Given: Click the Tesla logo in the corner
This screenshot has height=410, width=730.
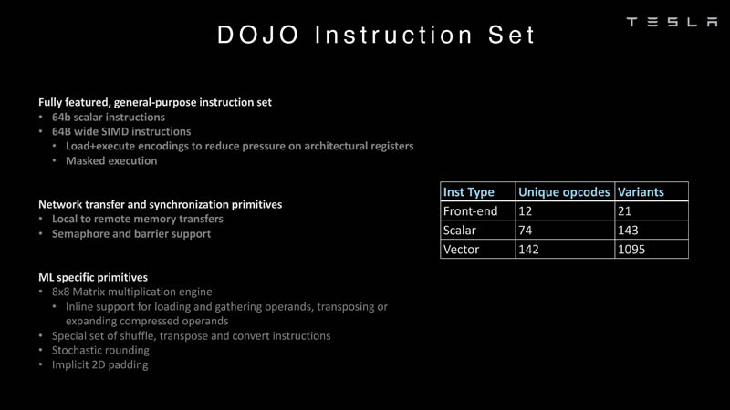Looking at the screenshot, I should (x=672, y=22).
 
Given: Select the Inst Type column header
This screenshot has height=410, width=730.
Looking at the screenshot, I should (x=468, y=192).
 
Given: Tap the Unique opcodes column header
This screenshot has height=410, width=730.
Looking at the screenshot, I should (x=563, y=192).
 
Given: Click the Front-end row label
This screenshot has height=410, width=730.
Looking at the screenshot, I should (x=470, y=211).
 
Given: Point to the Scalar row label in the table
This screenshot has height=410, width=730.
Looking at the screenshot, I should (x=460, y=231).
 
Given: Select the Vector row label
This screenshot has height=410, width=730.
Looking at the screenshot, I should (x=461, y=250).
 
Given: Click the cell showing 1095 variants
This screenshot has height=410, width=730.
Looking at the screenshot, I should (x=631, y=250).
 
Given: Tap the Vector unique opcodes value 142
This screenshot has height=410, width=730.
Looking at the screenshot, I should (x=529, y=250).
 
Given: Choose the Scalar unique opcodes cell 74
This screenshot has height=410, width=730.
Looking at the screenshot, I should (x=526, y=231).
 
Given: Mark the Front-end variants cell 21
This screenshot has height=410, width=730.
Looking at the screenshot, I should (x=625, y=211).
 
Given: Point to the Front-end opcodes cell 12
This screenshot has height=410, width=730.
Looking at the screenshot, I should (x=526, y=211).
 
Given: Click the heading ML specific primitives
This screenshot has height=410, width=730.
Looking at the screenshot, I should (x=92, y=277).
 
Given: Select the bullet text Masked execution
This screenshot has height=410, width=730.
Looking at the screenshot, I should (x=111, y=160).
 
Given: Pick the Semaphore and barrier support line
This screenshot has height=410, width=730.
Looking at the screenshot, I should (x=130, y=233).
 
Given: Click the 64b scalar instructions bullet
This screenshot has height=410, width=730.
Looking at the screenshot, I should (x=108, y=117).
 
